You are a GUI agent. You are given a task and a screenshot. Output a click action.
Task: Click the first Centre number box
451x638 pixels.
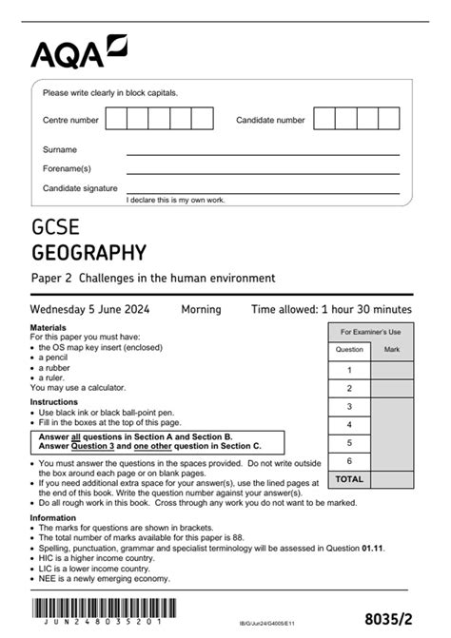(116, 119)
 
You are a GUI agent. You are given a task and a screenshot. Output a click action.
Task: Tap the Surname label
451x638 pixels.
(60, 149)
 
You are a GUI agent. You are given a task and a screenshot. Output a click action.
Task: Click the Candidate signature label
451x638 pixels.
(80, 188)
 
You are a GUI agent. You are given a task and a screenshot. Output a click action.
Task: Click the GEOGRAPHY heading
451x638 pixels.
(88, 253)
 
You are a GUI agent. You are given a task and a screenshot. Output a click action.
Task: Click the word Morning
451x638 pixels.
(201, 309)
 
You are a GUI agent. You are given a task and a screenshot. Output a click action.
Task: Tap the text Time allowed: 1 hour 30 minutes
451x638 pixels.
(331, 309)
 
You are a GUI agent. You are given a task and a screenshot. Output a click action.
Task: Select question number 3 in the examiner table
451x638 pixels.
(349, 406)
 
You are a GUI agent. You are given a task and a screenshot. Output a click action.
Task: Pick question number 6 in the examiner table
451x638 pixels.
(349, 460)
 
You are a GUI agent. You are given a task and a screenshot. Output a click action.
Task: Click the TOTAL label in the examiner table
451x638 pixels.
(349, 479)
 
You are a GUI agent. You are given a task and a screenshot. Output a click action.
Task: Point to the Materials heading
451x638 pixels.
(49, 327)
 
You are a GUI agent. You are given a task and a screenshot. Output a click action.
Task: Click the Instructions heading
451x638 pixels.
(53, 402)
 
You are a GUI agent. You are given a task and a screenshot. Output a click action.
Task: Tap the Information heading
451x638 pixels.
(53, 518)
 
